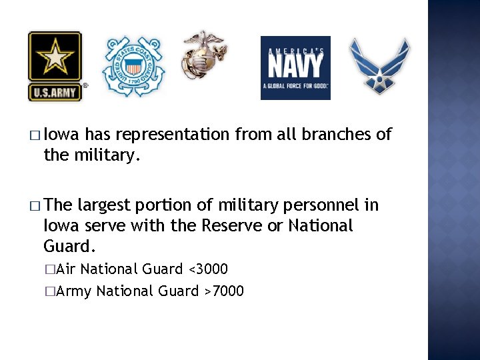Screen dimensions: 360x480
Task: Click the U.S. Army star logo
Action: [x=55, y=66]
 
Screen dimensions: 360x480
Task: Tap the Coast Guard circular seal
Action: [x=133, y=67]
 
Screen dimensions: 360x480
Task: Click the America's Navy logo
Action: [x=295, y=67]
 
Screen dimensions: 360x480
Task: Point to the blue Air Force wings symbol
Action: [x=380, y=65]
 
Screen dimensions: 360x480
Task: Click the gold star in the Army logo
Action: [x=55, y=57]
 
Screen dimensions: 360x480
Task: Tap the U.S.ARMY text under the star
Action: [x=55, y=92]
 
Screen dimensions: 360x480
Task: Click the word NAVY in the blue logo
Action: [x=295, y=65]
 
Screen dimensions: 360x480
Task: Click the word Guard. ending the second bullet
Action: [x=70, y=247]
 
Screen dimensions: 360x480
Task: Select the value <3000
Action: [x=208, y=269]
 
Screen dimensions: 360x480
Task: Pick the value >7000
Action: [x=224, y=291]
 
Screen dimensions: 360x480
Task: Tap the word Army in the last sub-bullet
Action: [x=74, y=291]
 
